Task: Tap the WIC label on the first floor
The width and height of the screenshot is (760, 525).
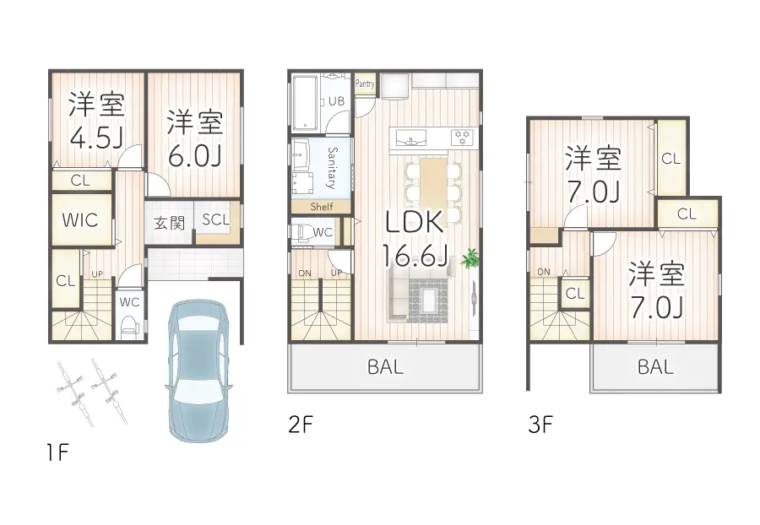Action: point(81,220)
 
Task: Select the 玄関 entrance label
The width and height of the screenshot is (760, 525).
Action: point(169,223)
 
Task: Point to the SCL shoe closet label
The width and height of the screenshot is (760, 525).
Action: point(214,219)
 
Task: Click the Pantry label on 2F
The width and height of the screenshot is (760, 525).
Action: point(365,84)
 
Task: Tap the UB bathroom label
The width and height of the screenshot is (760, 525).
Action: point(336,101)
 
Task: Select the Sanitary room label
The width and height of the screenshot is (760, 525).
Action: point(332,167)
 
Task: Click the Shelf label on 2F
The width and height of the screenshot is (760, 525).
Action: point(322,207)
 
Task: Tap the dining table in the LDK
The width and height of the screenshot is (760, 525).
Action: point(433,183)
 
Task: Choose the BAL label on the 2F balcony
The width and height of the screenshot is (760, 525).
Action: point(385,367)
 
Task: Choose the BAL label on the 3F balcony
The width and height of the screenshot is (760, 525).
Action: point(655,367)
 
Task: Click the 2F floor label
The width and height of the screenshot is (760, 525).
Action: point(301,425)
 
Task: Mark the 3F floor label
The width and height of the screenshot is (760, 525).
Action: point(540,425)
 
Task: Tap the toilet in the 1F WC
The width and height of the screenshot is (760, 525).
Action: point(128,325)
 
